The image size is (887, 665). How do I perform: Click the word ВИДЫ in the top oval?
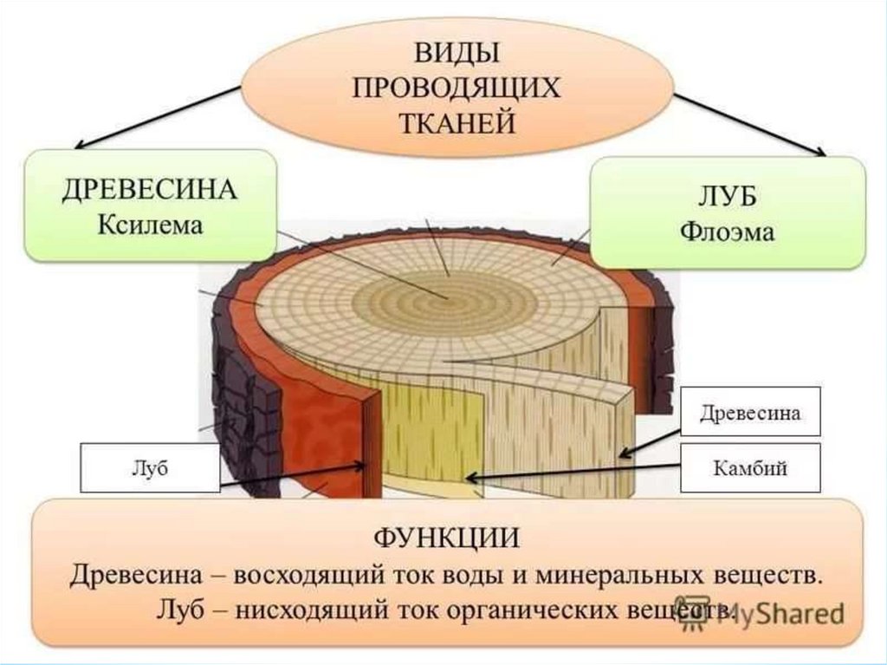point(457,55)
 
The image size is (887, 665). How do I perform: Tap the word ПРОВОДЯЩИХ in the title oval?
point(457,87)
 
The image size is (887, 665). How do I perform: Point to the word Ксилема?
point(150,225)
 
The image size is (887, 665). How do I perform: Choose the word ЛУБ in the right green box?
point(728,198)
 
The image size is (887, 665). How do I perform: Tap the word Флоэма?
point(728,232)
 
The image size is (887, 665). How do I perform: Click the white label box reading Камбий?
point(750,468)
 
